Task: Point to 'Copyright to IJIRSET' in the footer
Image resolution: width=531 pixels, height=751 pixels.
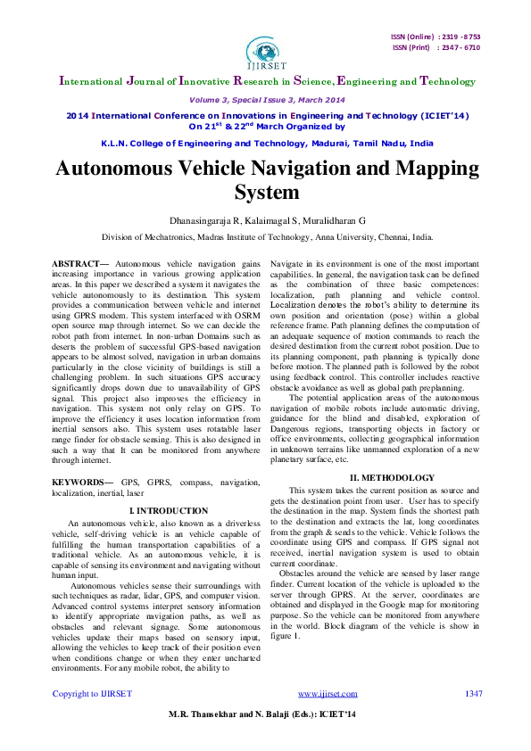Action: [x=93, y=718]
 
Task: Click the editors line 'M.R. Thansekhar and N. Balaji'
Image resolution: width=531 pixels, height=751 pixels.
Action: [x=241, y=740]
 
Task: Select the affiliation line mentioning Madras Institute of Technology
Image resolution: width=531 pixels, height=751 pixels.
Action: [x=265, y=238]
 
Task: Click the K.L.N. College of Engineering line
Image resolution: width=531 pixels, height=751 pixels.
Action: [x=265, y=143]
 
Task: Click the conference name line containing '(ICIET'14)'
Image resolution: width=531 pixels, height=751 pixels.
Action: [x=265, y=116]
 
